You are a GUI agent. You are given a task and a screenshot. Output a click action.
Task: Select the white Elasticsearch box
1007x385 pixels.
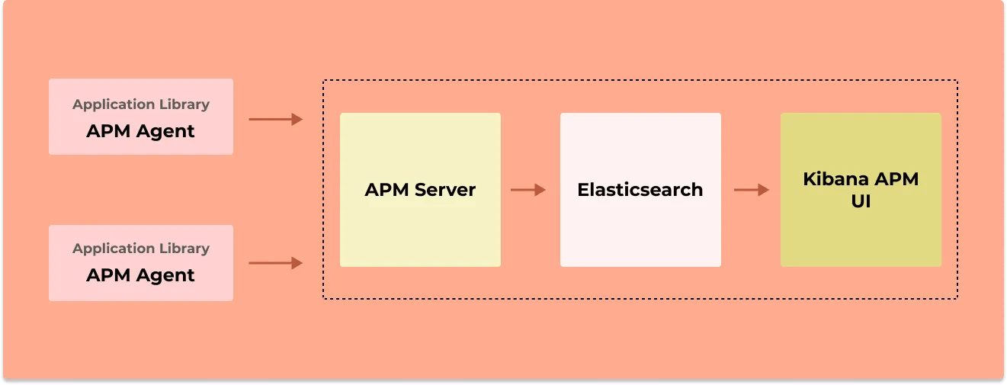[640, 229]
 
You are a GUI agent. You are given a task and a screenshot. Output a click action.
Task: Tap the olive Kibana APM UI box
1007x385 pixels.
[861, 233]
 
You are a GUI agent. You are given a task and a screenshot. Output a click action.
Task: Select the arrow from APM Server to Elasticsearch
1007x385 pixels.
[528, 190]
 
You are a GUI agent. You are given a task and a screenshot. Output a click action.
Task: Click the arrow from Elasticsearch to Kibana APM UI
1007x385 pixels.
[752, 190]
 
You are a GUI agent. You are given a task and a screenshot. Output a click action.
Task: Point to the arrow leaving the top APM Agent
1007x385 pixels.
[275, 119]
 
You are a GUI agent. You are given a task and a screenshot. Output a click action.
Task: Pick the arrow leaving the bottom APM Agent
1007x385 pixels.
[275, 263]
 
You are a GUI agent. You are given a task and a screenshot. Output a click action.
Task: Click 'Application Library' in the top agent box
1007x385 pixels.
[141, 104]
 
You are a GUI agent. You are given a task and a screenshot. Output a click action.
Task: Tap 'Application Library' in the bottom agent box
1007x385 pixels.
[141, 249]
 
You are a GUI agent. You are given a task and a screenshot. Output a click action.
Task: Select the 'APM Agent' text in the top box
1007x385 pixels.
[141, 131]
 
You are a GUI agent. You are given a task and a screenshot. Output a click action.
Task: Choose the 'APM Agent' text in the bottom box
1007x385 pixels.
[141, 275]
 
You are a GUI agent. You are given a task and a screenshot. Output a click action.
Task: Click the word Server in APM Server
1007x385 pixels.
[444, 190]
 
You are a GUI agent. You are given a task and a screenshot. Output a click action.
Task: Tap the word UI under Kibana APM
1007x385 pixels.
[861, 202]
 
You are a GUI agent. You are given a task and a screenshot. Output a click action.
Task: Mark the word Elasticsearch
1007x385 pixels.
[640, 190]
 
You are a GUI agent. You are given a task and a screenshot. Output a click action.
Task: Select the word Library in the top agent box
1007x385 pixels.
[184, 104]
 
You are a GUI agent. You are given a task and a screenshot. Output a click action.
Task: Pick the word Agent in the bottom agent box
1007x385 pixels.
[168, 275]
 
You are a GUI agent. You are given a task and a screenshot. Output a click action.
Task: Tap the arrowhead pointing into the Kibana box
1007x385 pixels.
[765, 190]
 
